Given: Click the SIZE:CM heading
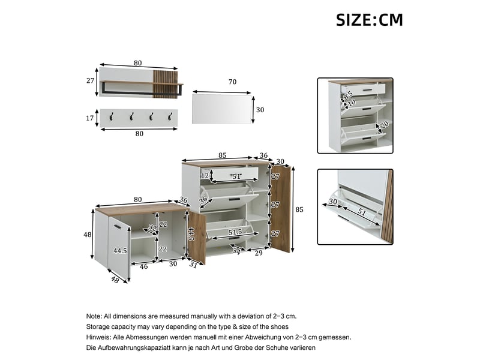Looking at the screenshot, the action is coord(369,20).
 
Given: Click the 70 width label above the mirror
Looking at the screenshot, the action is coord(232,82).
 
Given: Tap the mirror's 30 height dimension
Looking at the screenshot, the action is coord(260,110).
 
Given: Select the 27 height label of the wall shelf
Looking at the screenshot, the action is coord(90,80).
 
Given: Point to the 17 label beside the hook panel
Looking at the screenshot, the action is coord(89,118).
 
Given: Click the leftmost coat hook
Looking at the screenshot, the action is coord(112,116).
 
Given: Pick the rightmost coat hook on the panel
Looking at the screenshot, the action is coord(170,116).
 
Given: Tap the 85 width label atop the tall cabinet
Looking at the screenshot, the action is coord(223,155).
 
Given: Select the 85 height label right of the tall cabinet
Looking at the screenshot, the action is coord(299,209).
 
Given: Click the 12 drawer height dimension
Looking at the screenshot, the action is coord(205,176).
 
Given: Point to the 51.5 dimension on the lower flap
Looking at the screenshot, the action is coord(235,232).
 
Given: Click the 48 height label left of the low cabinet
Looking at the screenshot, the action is coord(88,235).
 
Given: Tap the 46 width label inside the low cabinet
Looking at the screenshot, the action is coord(144,266).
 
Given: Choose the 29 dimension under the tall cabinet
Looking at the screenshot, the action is coord(259,253).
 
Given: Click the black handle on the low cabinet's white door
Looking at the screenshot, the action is coord(118,226).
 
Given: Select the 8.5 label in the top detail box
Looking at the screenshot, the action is coord(348,95).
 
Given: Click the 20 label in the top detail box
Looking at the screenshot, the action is coord(384,125).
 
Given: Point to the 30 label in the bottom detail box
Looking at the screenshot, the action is coord(333,202).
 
